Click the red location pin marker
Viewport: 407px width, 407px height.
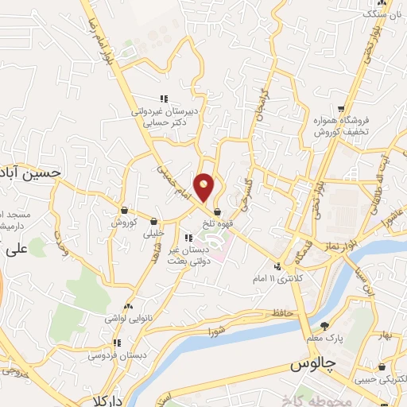point(204,186)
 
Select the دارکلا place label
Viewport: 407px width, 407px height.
point(110,400)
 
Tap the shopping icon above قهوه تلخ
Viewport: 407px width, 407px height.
point(218,212)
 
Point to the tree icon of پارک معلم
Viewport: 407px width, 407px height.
point(324,325)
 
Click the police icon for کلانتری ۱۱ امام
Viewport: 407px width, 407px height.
point(277,266)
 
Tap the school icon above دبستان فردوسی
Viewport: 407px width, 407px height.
point(117,343)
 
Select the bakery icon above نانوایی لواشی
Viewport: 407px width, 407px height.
point(128,306)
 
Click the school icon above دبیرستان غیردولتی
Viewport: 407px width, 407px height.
point(163,99)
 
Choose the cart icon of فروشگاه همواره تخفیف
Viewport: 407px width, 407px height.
point(340,108)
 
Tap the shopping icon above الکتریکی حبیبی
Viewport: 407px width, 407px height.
point(383,367)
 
